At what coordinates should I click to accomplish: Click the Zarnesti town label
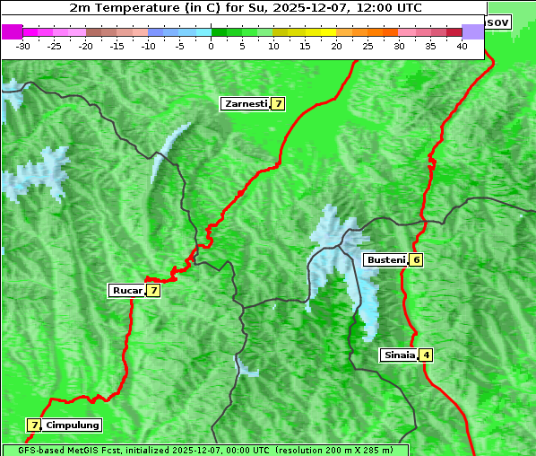pos(245,104)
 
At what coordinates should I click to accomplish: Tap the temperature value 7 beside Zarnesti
pos(279,104)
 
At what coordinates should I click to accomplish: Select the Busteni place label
pos(385,260)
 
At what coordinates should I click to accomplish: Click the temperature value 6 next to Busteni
pos(417,260)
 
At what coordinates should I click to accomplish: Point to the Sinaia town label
pos(399,355)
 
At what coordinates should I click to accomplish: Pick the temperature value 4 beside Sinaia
pos(427,355)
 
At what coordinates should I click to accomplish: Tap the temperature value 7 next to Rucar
pos(153,290)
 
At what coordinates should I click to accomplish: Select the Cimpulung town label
pos(72,425)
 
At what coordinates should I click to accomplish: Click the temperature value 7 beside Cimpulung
pos(34,425)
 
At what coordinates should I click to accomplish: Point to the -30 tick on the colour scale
pos(23,46)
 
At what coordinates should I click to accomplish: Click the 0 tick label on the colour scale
pos(211,46)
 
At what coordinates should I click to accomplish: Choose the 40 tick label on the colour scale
pos(462,46)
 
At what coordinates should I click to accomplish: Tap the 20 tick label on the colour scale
pos(336,46)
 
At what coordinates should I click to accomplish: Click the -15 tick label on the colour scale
pos(117,46)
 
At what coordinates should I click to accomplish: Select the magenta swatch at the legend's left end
pos(12,31)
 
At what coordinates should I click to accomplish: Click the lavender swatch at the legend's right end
pos(472,31)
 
